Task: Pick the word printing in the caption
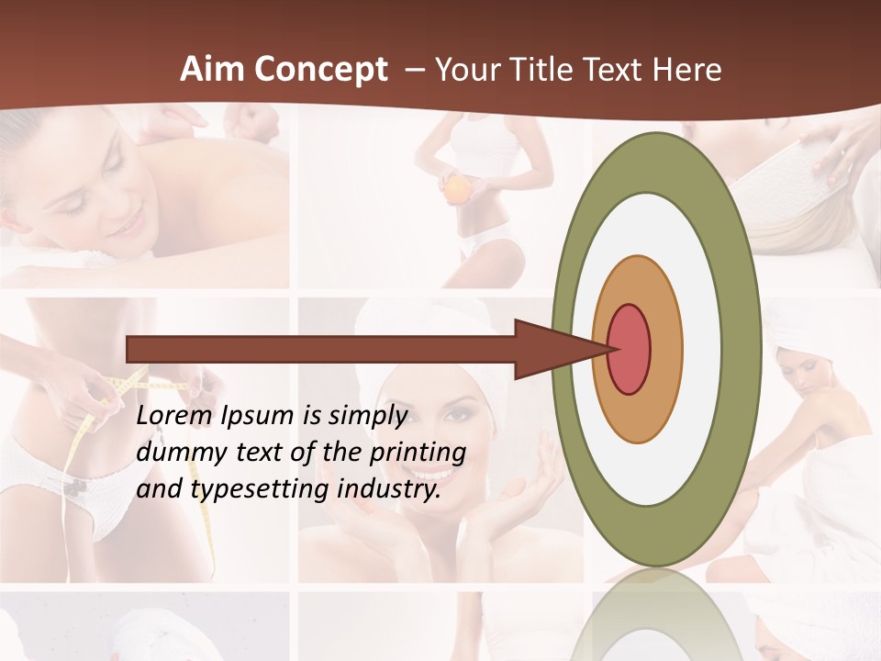click(x=421, y=454)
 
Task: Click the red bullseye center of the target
click(x=629, y=349)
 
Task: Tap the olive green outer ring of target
click(x=740, y=349)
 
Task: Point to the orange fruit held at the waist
click(x=456, y=189)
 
